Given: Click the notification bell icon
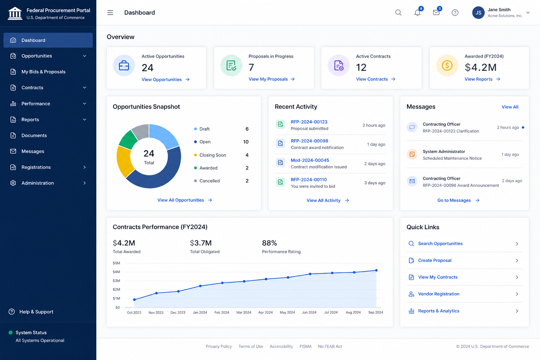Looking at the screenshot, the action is tap(417, 13).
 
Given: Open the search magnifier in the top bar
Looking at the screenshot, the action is tap(398, 13).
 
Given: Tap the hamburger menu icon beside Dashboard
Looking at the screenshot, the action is tap(110, 13).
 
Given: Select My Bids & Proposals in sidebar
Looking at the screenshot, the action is tap(43, 72).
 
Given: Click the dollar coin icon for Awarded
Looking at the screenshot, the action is tap(447, 65).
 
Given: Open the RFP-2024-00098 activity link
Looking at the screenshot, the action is tap(309, 141).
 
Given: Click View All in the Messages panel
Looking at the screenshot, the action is tap(510, 107).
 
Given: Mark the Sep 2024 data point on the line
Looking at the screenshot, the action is tap(376, 270).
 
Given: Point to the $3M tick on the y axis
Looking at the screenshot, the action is tap(116, 281).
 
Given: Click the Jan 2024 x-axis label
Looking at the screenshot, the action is tap(200, 312).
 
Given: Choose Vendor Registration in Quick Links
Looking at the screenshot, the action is tap(438, 294).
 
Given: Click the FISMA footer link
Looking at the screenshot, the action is tap(306, 346).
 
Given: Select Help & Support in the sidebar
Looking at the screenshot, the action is tap(36, 312).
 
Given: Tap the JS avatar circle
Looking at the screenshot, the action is tap(478, 13).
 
